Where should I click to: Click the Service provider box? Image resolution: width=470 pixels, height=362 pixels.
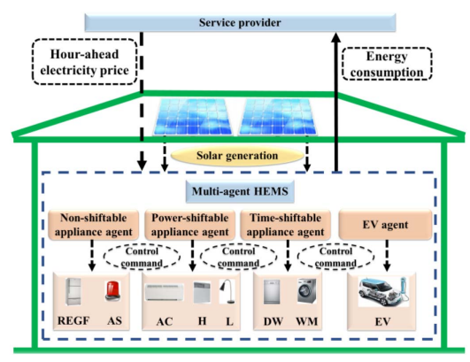(x=240, y=22)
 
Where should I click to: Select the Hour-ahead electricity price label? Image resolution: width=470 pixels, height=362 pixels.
(x=84, y=62)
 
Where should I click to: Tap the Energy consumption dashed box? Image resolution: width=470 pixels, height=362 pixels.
(x=387, y=64)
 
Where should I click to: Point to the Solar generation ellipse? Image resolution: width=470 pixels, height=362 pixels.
(x=237, y=156)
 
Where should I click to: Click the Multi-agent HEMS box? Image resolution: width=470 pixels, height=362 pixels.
(x=240, y=191)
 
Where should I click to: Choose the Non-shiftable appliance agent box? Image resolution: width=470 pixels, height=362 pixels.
(x=93, y=225)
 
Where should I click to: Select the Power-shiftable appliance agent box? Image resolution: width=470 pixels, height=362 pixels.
(x=189, y=225)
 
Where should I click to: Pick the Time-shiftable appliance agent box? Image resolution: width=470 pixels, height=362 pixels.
(x=285, y=225)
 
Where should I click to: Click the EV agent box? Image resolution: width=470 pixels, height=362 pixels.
(x=385, y=225)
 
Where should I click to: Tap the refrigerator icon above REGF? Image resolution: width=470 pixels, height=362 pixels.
(x=73, y=291)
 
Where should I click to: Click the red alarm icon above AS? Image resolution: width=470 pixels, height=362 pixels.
(x=113, y=290)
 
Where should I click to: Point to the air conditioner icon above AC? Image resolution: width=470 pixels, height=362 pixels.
(x=165, y=292)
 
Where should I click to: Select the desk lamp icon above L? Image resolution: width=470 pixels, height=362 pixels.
(x=227, y=291)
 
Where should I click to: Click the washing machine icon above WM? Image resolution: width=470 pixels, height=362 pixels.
(x=306, y=291)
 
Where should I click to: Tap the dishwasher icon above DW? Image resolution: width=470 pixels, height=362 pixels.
(x=272, y=291)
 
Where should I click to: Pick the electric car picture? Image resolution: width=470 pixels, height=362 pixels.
(x=383, y=292)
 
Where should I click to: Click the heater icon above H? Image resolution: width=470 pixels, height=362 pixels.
(x=202, y=292)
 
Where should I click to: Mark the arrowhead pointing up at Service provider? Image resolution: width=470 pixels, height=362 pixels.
(x=336, y=37)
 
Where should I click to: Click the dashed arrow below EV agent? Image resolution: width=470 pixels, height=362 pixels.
(x=387, y=255)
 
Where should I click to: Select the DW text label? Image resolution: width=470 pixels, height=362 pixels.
(x=274, y=321)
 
